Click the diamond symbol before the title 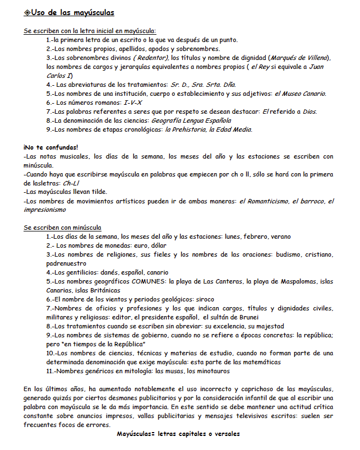tap(27, 12)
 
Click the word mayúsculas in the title tap(90, 12)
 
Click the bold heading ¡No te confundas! tap(51, 147)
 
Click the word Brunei tap(260, 317)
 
